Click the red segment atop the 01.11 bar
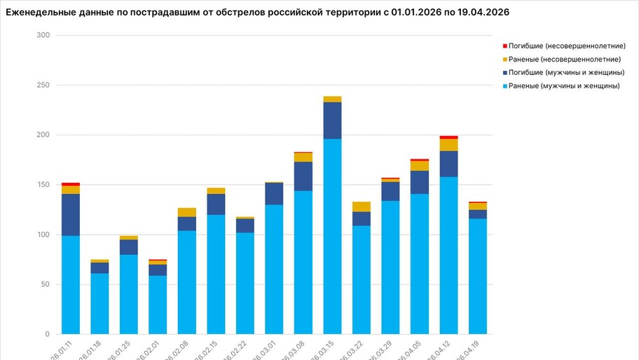[71, 184]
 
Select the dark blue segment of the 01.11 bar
[71, 215]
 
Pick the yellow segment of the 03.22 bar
[362, 207]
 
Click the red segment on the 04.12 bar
[448, 137]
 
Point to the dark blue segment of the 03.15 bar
[332, 120]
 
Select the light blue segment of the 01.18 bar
[99, 303]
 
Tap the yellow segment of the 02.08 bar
[187, 212]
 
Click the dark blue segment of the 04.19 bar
[478, 214]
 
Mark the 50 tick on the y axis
[45, 284]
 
